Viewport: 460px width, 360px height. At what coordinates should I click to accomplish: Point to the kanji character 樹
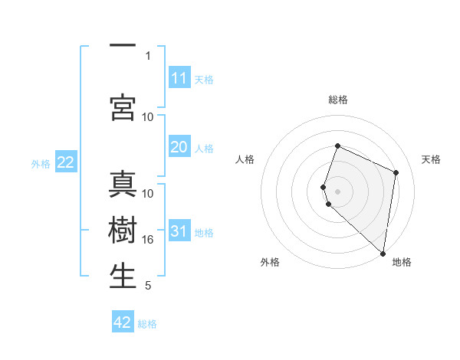(x=123, y=231)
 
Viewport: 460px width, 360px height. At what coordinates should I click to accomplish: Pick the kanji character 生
(x=123, y=277)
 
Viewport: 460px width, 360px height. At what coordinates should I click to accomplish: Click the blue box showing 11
(x=179, y=78)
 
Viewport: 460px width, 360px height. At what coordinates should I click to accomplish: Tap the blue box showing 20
(x=179, y=148)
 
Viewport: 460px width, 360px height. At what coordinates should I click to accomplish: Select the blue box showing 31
(x=179, y=232)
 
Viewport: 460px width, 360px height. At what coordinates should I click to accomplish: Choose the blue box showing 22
(x=65, y=162)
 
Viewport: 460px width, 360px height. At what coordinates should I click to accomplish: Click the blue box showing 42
(x=123, y=322)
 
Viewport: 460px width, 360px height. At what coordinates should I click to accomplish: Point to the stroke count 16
(x=148, y=240)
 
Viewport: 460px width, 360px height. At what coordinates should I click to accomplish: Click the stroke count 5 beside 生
(x=148, y=286)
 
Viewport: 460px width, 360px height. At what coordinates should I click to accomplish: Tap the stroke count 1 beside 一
(x=148, y=56)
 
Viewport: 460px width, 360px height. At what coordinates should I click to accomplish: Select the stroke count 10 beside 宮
(x=148, y=117)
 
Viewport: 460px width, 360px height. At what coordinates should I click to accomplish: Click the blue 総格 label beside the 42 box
(x=147, y=324)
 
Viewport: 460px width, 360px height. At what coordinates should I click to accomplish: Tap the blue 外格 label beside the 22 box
(x=41, y=163)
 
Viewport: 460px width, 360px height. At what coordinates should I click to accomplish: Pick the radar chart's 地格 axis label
(x=402, y=263)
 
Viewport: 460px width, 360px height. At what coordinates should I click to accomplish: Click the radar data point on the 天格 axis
(x=396, y=172)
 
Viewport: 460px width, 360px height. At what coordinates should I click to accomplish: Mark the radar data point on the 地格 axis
(x=383, y=253)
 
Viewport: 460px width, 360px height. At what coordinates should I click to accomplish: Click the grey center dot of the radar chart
(x=338, y=191)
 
